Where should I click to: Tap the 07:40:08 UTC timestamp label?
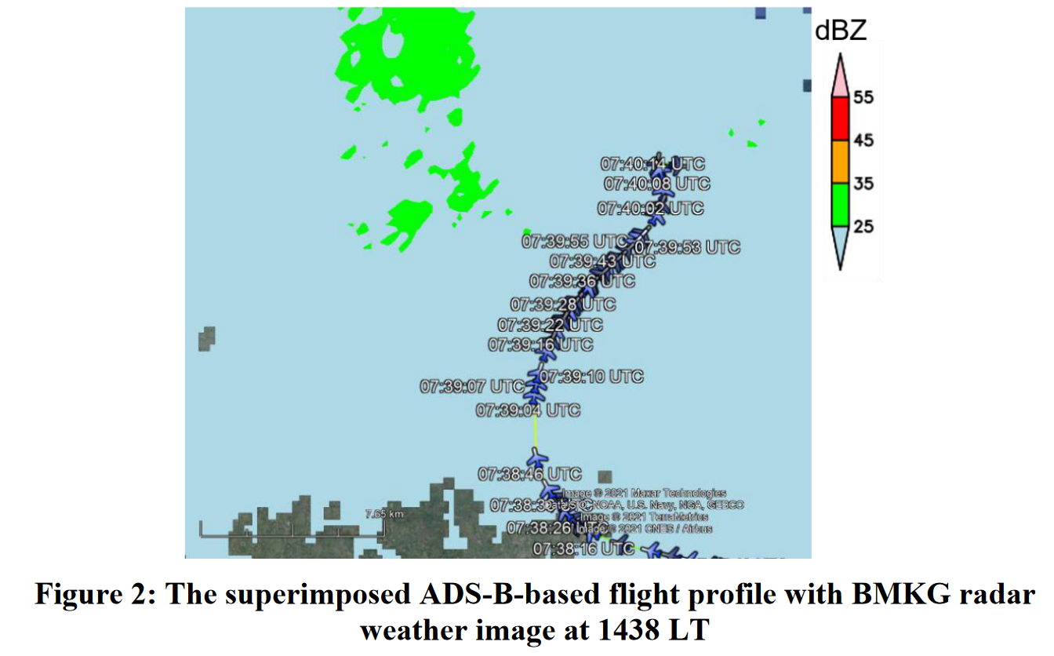point(657,184)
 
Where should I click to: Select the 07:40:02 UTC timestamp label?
point(650,209)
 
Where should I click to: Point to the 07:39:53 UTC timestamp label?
point(687,247)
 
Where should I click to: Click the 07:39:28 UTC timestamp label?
point(563,304)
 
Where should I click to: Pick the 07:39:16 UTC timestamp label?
point(540,344)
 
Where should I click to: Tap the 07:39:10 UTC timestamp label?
point(591,377)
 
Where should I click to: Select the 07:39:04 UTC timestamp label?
point(529,410)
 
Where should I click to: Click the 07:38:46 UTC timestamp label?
point(530,474)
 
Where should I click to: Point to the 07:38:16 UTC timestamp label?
point(583,548)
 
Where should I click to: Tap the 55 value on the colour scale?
point(863,98)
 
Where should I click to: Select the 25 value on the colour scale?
point(863,227)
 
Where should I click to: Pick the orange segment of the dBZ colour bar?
point(840,162)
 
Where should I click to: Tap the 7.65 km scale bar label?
point(384,513)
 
